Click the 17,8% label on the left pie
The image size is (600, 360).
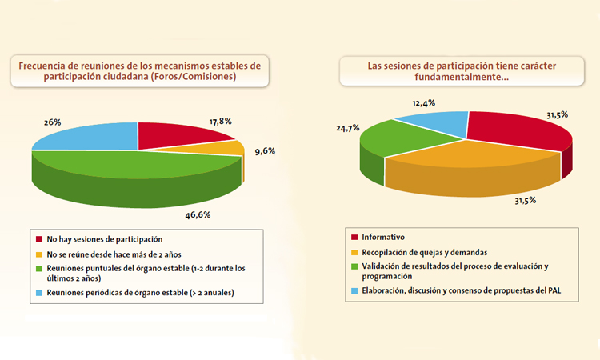click(x=221, y=122)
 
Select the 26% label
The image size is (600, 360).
click(x=53, y=123)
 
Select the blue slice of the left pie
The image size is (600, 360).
click(x=88, y=138)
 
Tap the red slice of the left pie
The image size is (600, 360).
click(x=180, y=136)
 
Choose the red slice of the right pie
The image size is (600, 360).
click(x=520, y=132)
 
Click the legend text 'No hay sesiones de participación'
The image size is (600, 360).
click(x=105, y=239)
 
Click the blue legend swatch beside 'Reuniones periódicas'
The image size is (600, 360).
click(x=39, y=292)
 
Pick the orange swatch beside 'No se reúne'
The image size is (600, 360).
click(x=39, y=254)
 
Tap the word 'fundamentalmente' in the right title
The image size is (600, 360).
click(x=450, y=77)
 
